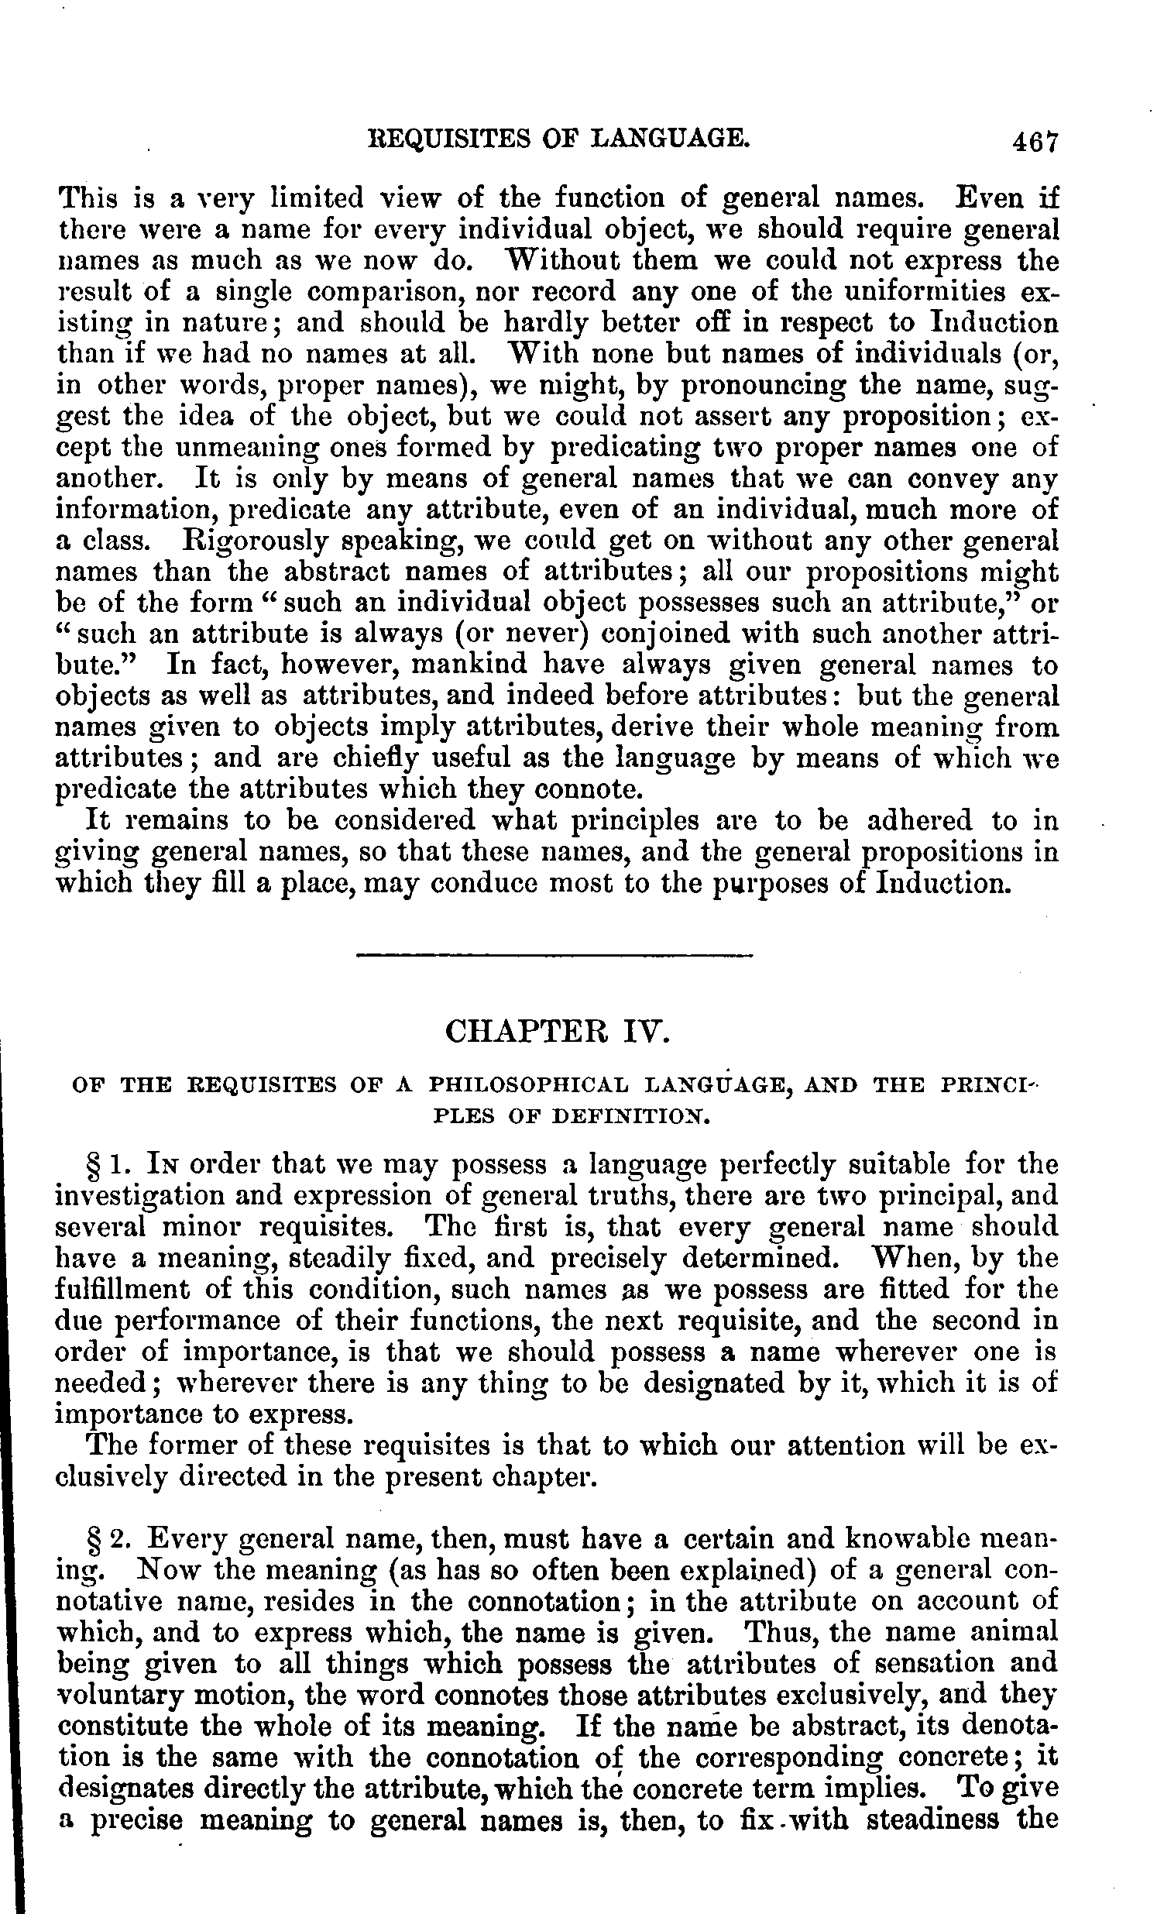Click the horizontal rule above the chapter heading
[x=554, y=954]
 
